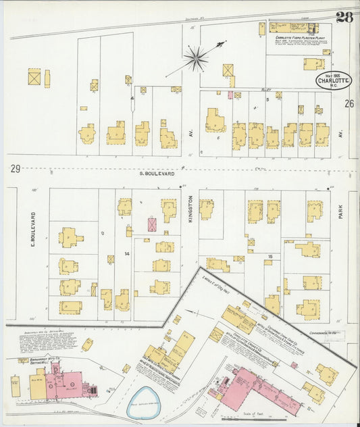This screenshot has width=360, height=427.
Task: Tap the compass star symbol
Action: pyautogui.click(x=196, y=58)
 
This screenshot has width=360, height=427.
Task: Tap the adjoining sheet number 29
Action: pyautogui.click(x=15, y=168)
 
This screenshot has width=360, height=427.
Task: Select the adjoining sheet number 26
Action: pyautogui.click(x=349, y=103)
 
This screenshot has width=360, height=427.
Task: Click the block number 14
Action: pyautogui.click(x=126, y=253)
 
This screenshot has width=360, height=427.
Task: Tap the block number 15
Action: pyautogui.click(x=271, y=256)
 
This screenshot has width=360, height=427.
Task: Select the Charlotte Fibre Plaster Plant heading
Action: pyautogui.click(x=293, y=29)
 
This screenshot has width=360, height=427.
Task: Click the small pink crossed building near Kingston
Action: pyautogui.click(x=153, y=225)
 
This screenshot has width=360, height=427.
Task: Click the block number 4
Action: pyautogui.click(x=132, y=99)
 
